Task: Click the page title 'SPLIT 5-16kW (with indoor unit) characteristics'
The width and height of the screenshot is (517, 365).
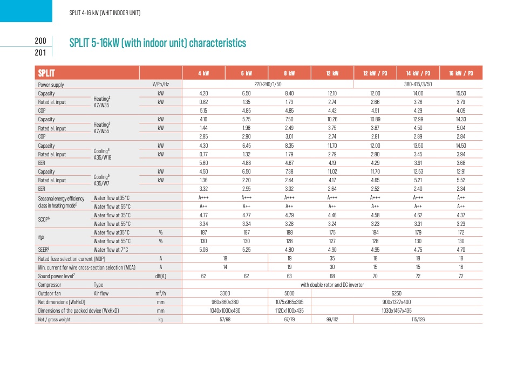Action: [x=158, y=43]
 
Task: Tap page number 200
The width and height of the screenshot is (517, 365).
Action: [x=40, y=40]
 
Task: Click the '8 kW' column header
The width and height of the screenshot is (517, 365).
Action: [x=289, y=73]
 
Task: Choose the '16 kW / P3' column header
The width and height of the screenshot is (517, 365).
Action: [x=461, y=73]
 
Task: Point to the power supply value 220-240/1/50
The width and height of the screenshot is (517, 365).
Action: [x=268, y=84]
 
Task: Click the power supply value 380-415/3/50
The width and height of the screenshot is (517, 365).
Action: [x=418, y=84]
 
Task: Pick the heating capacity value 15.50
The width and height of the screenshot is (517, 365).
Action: [x=461, y=93]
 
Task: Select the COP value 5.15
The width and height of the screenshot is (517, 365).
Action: [x=203, y=111]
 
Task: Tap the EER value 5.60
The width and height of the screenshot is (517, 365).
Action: [x=203, y=163]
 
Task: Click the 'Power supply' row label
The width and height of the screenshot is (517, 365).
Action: [x=51, y=85]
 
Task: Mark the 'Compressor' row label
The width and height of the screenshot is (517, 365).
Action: [x=50, y=285]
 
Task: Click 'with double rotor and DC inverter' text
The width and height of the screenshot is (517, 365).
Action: [x=332, y=285]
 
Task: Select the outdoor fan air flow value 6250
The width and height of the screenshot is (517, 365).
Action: [x=396, y=293]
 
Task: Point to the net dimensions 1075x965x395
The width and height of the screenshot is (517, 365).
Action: [x=289, y=302]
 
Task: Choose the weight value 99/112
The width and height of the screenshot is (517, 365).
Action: [x=332, y=320]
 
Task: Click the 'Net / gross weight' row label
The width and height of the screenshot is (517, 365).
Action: [x=54, y=320]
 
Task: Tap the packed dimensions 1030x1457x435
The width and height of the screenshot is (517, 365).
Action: [x=396, y=311]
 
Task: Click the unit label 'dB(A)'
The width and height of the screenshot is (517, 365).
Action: [x=160, y=276]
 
